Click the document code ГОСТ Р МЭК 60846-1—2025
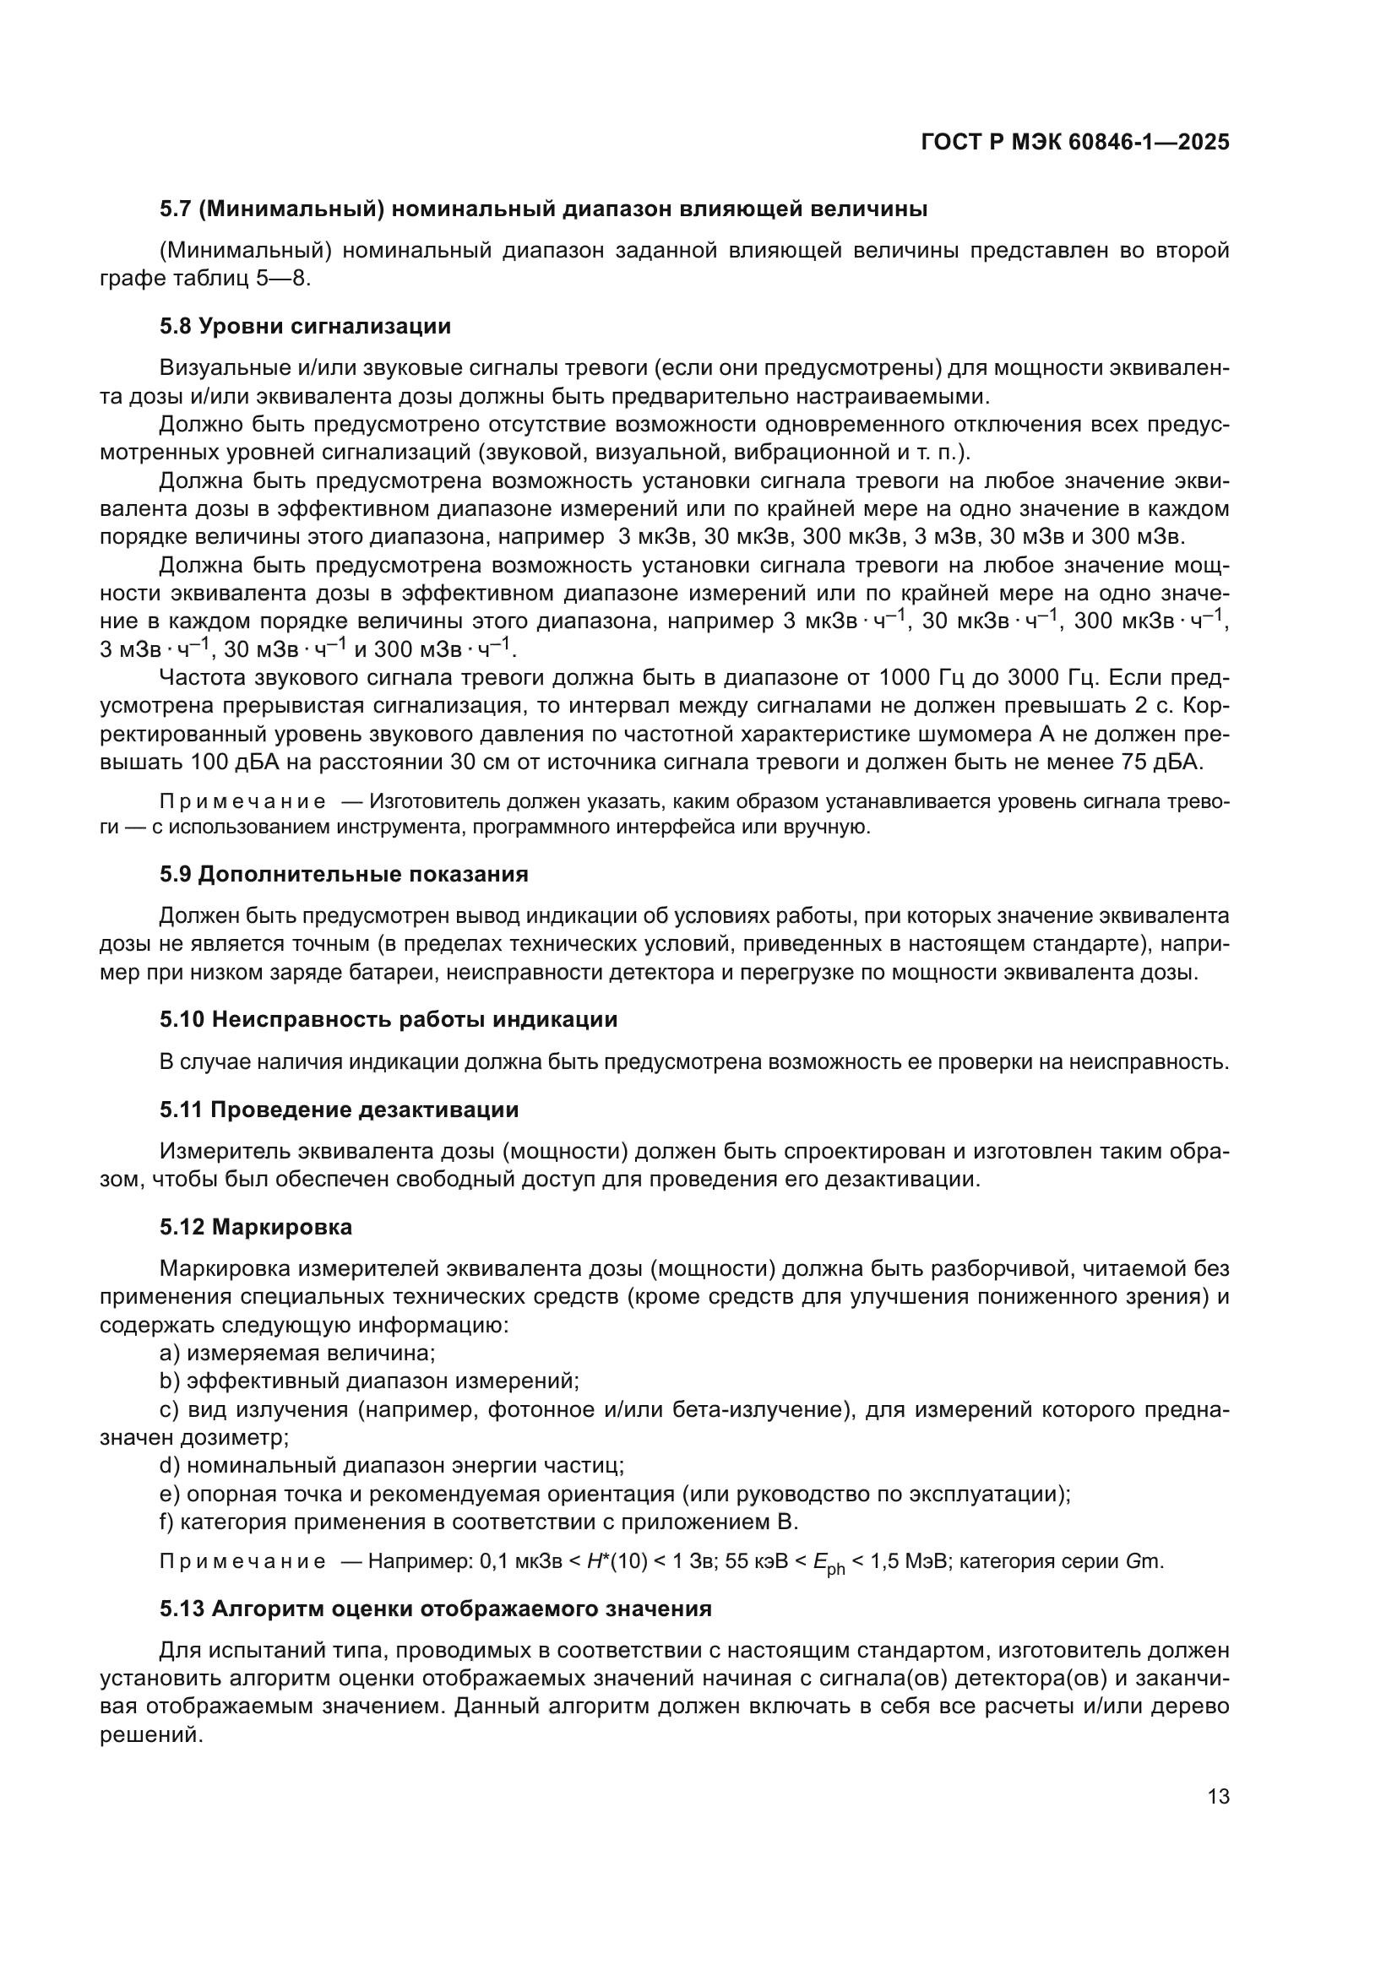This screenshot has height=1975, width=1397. (x=1074, y=143)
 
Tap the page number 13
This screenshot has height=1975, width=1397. (x=1218, y=1797)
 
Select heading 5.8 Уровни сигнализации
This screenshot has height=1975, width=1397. (x=305, y=327)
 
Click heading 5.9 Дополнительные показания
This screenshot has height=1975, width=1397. (x=343, y=875)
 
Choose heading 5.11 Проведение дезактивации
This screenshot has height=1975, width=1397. (x=339, y=1110)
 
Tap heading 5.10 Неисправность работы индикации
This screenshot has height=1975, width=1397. (x=388, y=1020)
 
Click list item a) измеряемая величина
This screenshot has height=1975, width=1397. (x=297, y=1354)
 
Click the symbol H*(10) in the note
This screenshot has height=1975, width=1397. (x=616, y=1561)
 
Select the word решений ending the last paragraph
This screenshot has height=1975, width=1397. (x=150, y=1736)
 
